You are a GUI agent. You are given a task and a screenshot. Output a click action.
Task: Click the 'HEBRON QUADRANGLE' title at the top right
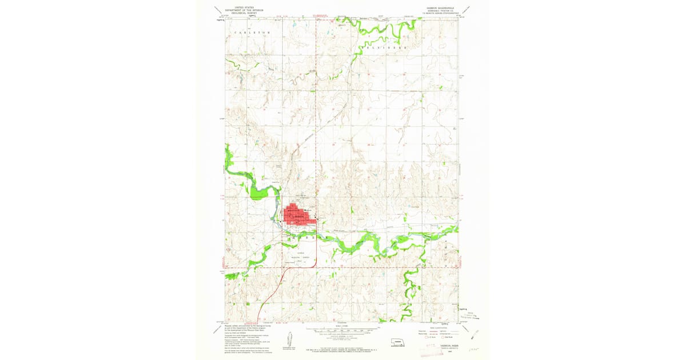[x=438, y=7]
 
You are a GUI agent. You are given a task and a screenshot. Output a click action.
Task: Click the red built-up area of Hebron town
[x=297, y=216]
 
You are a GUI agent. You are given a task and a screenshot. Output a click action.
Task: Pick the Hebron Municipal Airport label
[x=301, y=257]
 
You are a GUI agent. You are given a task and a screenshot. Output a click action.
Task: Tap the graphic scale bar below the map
[x=342, y=331]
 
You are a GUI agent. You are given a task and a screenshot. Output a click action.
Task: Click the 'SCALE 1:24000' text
[x=342, y=326]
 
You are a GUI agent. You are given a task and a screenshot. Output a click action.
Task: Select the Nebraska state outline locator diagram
[x=398, y=343]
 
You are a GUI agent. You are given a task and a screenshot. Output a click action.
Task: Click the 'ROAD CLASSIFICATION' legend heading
[x=438, y=327]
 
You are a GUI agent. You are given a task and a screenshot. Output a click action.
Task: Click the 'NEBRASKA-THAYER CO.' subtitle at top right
[x=438, y=11]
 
